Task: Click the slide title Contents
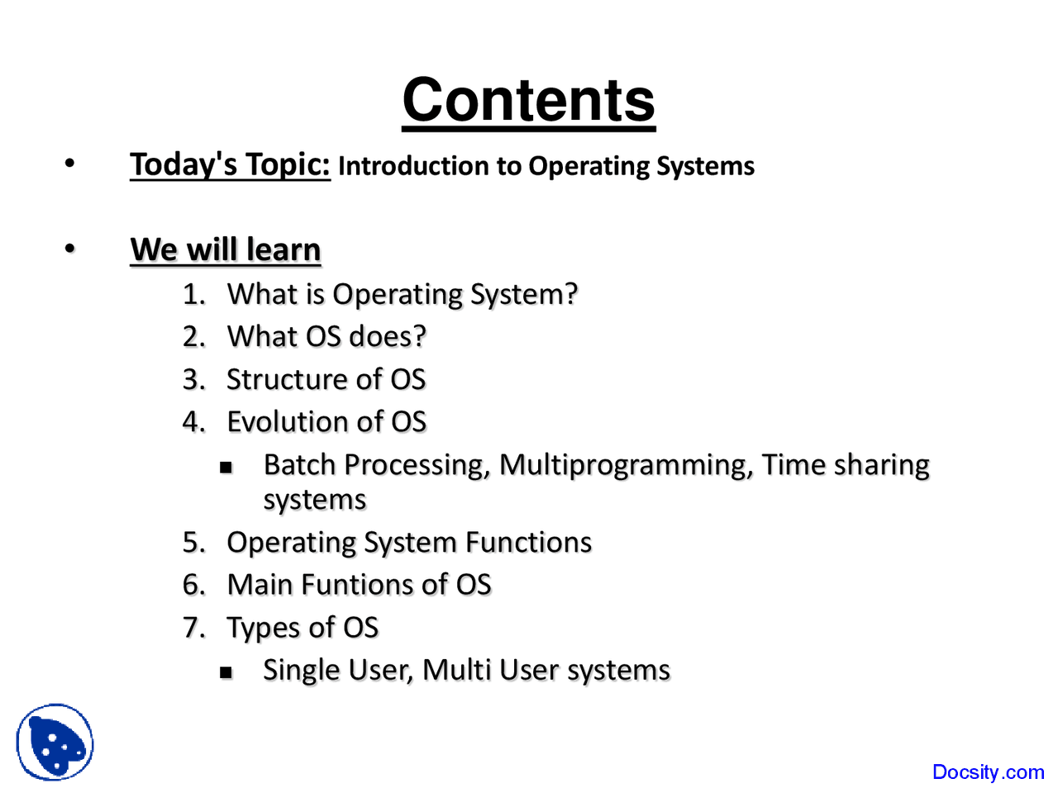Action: (x=529, y=101)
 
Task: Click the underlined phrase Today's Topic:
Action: (x=230, y=164)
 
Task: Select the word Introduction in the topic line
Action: (x=413, y=166)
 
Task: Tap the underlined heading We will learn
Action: (x=226, y=249)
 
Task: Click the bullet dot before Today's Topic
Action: (x=70, y=164)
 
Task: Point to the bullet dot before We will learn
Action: (x=70, y=249)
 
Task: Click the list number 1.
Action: (x=193, y=294)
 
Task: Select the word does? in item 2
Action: (x=388, y=336)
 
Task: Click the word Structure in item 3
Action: (x=287, y=379)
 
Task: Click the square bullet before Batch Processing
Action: (x=226, y=468)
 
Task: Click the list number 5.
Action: (x=193, y=542)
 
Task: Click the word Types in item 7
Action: (x=264, y=629)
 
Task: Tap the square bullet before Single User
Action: (x=226, y=672)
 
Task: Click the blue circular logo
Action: (x=55, y=742)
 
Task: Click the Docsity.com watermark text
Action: (x=988, y=772)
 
